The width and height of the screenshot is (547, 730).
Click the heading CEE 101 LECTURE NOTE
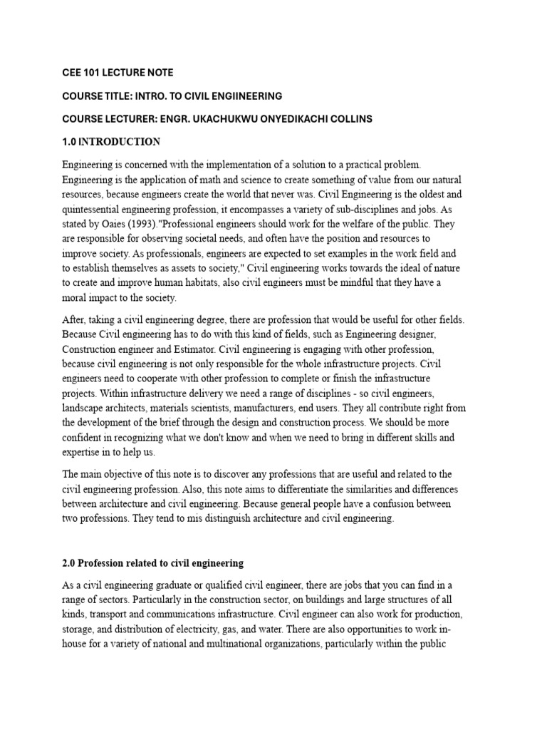(x=117, y=73)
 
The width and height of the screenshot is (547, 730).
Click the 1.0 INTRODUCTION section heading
(x=111, y=142)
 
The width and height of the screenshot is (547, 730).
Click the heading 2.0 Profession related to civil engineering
(x=152, y=562)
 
